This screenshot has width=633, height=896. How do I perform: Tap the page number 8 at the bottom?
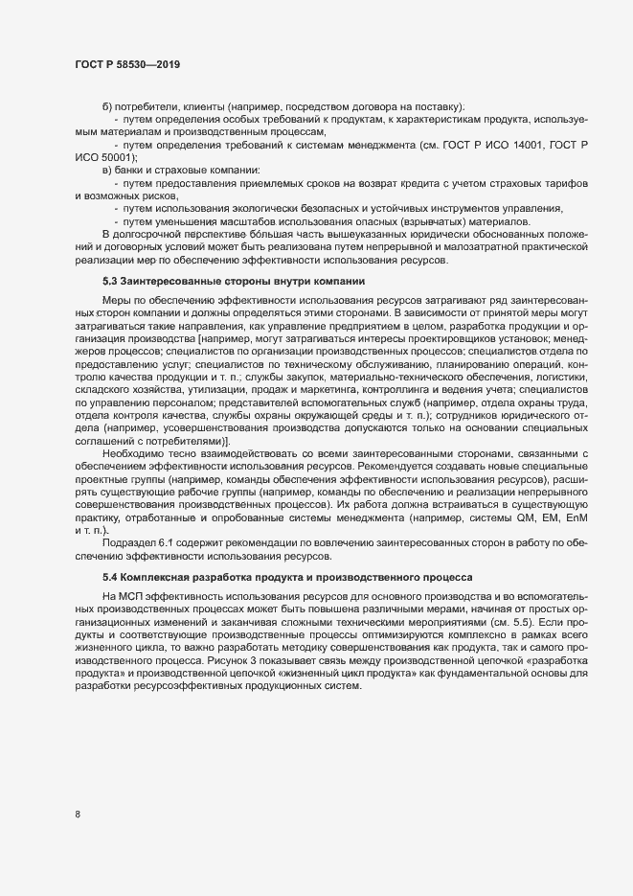(x=77, y=816)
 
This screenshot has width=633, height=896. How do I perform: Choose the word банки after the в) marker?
(x=131, y=170)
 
